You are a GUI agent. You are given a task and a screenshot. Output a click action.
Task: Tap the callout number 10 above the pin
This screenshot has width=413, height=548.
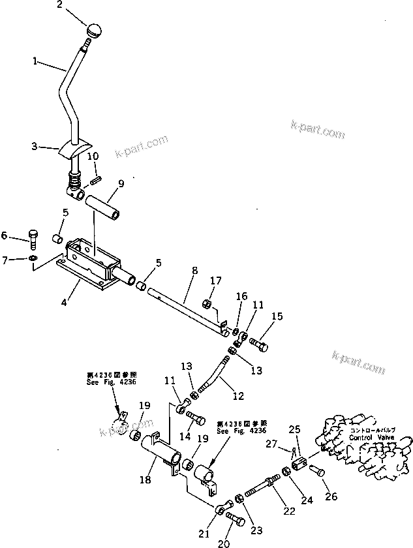click(93, 157)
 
